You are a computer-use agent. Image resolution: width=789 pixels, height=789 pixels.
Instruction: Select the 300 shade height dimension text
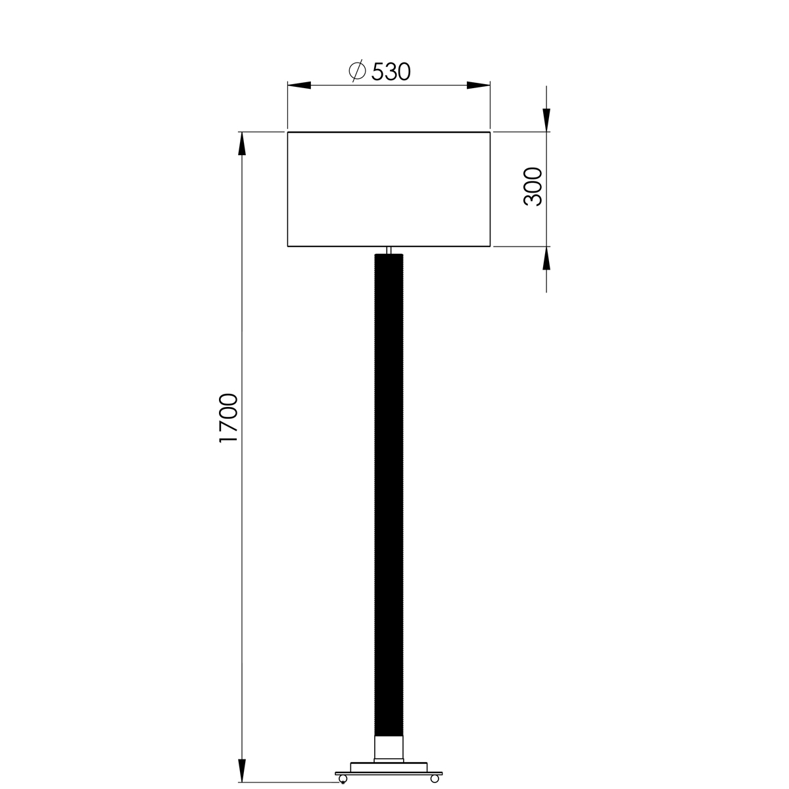[x=533, y=187]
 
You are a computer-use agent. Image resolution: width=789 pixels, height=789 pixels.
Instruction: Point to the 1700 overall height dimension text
[x=228, y=418]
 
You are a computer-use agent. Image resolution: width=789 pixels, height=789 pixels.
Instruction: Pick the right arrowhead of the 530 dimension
[x=478, y=85]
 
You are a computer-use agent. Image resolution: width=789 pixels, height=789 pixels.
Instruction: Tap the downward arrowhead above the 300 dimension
[x=546, y=119]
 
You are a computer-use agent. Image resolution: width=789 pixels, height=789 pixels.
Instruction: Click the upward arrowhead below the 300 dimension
[x=546, y=260]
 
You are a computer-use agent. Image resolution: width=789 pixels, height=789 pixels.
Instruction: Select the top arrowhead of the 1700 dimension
[x=241, y=144]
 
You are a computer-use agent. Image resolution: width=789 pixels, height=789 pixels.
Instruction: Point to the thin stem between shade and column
[x=389, y=251]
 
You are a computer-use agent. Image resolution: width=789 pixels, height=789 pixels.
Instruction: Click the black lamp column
[x=391, y=493]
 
